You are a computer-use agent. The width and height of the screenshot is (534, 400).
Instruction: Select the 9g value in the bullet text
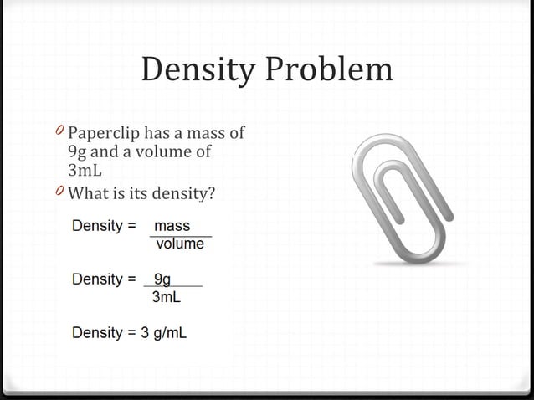77,152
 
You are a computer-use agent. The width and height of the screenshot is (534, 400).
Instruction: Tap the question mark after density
212,193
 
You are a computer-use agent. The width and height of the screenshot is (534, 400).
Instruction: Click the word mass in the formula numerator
172,226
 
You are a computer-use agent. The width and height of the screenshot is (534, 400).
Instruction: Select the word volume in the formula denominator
180,244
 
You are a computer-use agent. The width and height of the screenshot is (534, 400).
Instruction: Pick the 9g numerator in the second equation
162,279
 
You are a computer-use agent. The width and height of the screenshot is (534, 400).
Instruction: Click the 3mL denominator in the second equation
165,297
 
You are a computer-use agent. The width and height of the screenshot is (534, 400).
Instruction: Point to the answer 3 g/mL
164,333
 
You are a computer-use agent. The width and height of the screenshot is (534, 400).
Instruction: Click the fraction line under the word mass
180,236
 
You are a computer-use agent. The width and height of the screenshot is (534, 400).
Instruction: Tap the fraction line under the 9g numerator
173,288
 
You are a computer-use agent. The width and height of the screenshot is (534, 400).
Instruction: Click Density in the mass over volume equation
97,226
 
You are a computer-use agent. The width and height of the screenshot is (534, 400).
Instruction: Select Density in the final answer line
97,333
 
